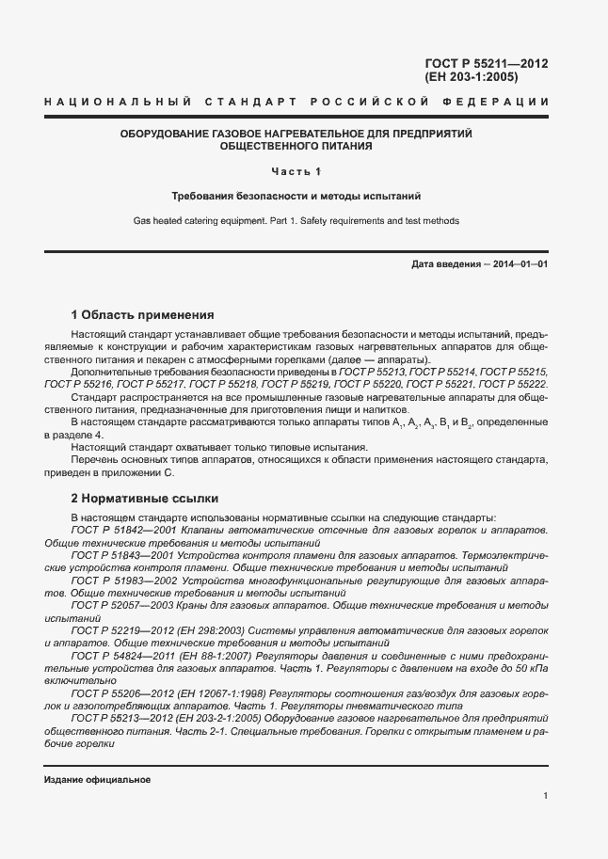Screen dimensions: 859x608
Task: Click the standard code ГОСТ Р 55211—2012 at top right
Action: point(487,64)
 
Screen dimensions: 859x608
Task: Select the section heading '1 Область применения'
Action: point(143,314)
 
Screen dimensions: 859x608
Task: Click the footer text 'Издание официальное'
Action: point(97,780)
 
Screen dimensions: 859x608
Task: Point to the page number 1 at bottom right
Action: point(546,797)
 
